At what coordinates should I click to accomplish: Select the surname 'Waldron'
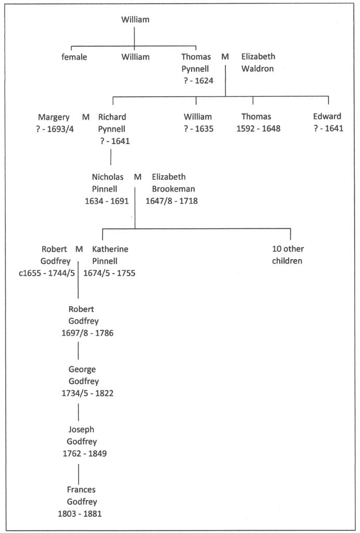pos(257,68)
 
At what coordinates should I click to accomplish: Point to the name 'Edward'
pos(327,117)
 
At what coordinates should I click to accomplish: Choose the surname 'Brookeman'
pos(174,188)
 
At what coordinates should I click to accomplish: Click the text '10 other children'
pos(287,255)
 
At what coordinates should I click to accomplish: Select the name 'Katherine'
pos(110,249)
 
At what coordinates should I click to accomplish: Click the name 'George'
pos(82,369)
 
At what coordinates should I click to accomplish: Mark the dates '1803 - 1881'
pos(80,513)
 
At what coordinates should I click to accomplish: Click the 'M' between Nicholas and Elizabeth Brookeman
pos(138,177)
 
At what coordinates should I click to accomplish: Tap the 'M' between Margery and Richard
pos(86,117)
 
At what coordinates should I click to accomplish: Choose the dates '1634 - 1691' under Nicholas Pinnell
pos(107,201)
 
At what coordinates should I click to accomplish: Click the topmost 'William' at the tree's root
pos(135,20)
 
